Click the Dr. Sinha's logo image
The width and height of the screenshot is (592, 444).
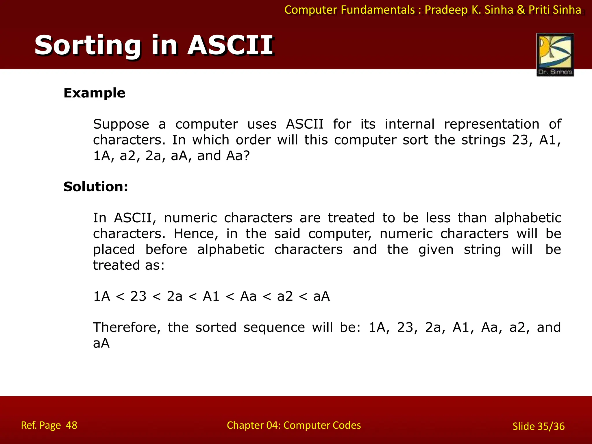point(555,55)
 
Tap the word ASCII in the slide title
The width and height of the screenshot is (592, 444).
point(230,45)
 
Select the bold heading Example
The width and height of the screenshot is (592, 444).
point(94,93)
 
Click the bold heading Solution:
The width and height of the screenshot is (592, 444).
point(96,187)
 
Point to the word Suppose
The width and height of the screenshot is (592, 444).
point(121,125)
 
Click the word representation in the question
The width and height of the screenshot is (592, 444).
point(491,125)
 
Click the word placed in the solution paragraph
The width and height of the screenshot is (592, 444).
point(114,250)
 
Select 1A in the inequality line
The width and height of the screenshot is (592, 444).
point(101,297)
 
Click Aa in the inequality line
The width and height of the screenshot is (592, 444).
point(248,297)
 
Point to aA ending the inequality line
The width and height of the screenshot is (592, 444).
point(321,297)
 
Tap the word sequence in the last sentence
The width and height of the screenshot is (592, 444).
point(274,328)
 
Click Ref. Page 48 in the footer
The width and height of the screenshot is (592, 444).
point(49,425)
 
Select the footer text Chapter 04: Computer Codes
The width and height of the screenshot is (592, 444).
point(294,425)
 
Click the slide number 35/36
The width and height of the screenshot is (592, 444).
point(551,426)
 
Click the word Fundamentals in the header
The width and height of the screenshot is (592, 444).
point(378,10)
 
